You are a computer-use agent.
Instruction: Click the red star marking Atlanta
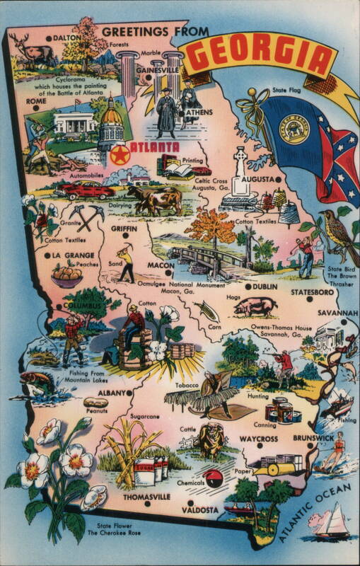point(120,155)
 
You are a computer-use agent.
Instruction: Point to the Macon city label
point(161,265)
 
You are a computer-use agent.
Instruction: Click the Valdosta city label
point(199,509)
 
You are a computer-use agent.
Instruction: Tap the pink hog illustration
point(255,306)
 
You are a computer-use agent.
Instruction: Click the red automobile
point(87,190)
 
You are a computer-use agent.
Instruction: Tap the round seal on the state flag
point(295,128)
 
